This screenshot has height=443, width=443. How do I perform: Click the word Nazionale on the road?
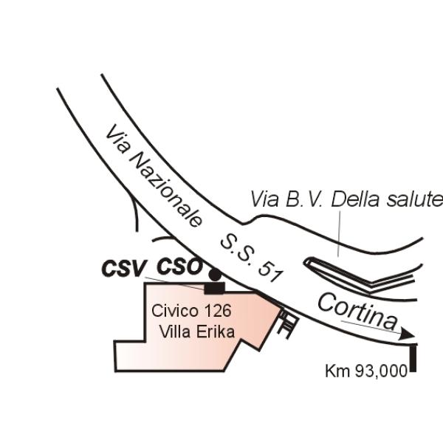pyautogui.click(x=166, y=190)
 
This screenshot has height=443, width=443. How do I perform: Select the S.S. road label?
pyautogui.click(x=237, y=250)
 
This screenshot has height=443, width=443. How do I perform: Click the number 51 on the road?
pyautogui.click(x=269, y=272)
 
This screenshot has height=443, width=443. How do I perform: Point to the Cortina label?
pyautogui.click(x=357, y=312)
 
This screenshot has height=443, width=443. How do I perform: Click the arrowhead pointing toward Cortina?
pyautogui.click(x=408, y=334)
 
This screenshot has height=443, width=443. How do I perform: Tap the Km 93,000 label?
pyautogui.click(x=366, y=371)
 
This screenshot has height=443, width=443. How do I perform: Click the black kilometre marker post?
pyautogui.click(x=413, y=358)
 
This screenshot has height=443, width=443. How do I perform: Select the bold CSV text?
pyautogui.click(x=123, y=269)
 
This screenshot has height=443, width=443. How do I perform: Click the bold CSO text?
pyautogui.click(x=179, y=267)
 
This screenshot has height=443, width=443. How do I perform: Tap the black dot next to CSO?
pyautogui.click(x=215, y=275)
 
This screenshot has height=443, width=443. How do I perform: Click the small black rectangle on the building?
pyautogui.click(x=214, y=288)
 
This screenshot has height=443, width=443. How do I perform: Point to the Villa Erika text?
pyautogui.click(x=197, y=332)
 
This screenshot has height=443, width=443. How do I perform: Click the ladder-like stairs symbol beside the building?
pyautogui.click(x=288, y=324)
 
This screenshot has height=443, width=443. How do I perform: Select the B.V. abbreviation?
pyautogui.click(x=303, y=199)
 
